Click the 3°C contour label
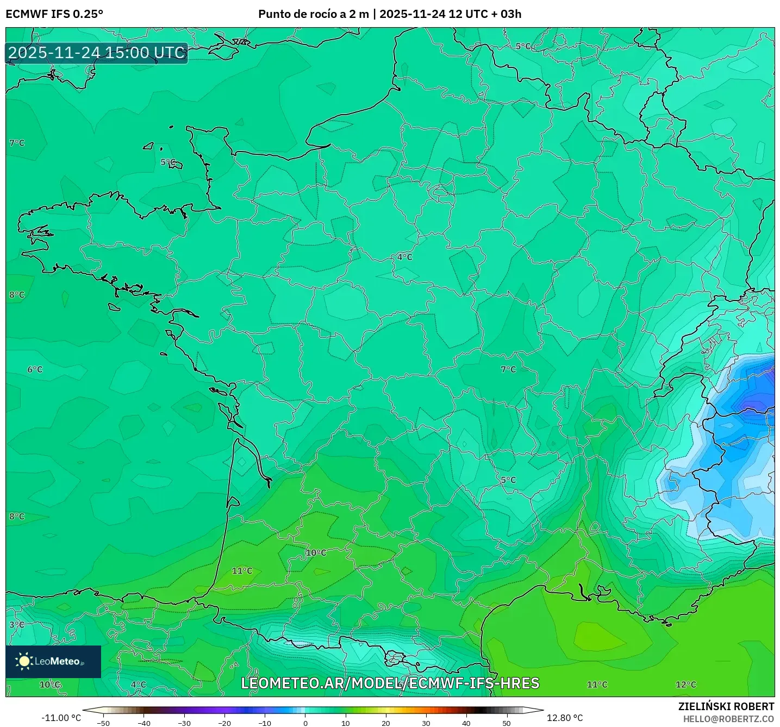click(17, 624)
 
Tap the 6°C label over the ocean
click(35, 369)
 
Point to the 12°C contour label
click(685, 685)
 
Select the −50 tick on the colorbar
click(103, 723)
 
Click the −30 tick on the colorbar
click(184, 723)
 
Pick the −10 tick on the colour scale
click(265, 723)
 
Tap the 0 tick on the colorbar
click(305, 723)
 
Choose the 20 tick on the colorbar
click(386, 723)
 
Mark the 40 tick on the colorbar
click(466, 723)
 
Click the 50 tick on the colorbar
click(507, 723)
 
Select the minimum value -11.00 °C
click(61, 718)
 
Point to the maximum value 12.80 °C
click(564, 718)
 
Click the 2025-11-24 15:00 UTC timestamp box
click(97, 53)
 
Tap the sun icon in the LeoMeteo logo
click(24, 661)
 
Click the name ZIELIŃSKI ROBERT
click(726, 706)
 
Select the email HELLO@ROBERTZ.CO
click(728, 719)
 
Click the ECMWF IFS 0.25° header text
click(54, 14)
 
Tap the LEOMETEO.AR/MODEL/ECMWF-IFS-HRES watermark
click(390, 683)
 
